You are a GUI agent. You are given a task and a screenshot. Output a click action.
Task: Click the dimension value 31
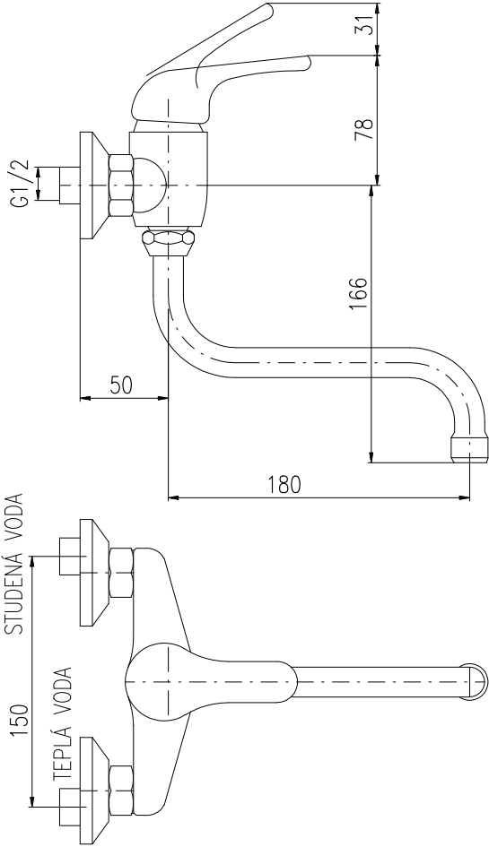coord(367,24)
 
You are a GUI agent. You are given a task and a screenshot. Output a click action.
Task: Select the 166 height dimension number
coord(358,294)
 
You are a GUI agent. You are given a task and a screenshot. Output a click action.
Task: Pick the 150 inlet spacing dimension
coord(20,721)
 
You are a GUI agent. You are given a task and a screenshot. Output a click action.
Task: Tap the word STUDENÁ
coord(14,591)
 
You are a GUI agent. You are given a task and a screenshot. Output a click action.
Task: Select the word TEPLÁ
coord(64,751)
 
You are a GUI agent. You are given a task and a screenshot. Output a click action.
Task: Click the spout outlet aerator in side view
coord(469,449)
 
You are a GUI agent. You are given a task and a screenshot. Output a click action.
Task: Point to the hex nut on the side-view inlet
coord(121,186)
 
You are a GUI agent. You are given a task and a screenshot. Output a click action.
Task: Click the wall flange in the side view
coord(95,186)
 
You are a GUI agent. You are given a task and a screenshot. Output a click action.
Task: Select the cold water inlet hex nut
coord(121,572)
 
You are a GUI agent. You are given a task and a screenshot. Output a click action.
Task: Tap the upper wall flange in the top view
coord(95,573)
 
